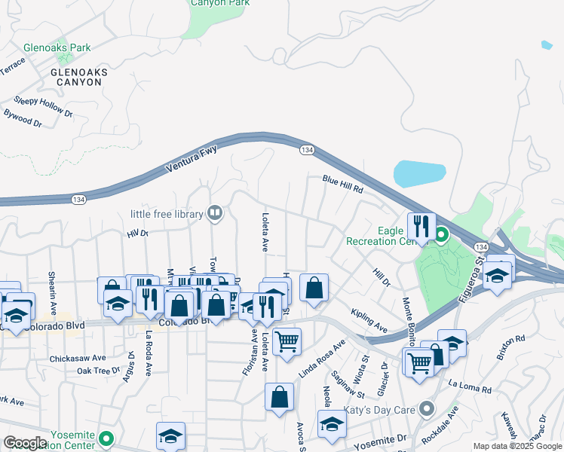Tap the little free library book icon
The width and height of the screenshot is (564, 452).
[x=216, y=214]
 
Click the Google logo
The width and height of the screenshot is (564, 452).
[x=26, y=443]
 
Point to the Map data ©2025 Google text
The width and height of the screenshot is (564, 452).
[x=517, y=446]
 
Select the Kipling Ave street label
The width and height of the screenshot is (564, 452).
[x=369, y=319]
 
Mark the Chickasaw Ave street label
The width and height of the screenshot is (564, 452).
[x=78, y=358]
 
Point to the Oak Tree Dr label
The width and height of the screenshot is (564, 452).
[x=97, y=371]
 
